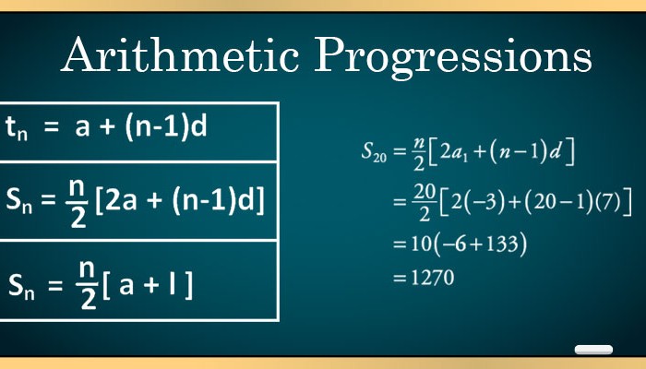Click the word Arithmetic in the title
(181, 54)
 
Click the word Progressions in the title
(454, 57)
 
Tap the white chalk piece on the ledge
(593, 350)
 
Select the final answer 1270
(433, 277)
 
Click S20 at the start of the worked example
(374, 151)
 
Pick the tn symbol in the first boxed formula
(17, 128)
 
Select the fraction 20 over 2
(425, 202)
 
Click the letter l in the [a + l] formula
(173, 284)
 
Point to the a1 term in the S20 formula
(460, 152)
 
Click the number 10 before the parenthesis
(421, 244)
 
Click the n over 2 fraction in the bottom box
(88, 285)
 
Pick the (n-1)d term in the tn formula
(166, 126)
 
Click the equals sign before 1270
(400, 278)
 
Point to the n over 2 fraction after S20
(419, 154)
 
